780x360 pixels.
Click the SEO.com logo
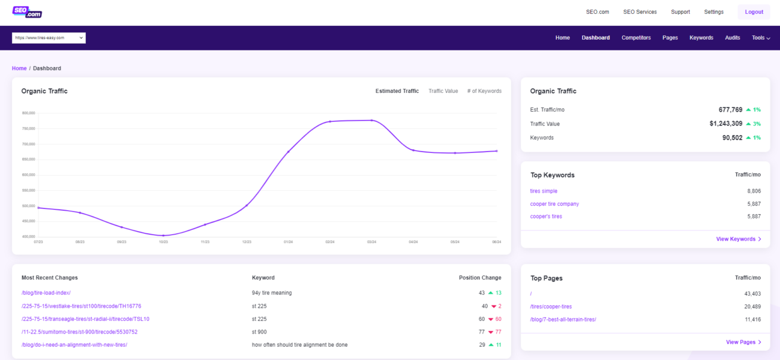[x=27, y=12]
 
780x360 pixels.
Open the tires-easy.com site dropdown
[x=49, y=38]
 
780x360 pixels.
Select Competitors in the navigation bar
[x=636, y=38]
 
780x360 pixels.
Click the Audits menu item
[x=733, y=38]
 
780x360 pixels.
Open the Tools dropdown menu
[x=761, y=38]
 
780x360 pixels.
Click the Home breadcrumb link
[x=19, y=68]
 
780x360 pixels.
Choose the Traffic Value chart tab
[x=443, y=91]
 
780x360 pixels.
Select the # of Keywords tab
[x=484, y=91]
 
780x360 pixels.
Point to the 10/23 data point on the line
[x=163, y=235]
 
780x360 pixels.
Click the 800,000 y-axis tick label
[x=29, y=113]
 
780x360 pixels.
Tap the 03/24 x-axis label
[x=371, y=242]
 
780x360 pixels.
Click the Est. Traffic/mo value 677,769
[x=730, y=110]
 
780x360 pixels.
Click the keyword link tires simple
[x=544, y=191]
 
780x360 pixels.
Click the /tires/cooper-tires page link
[x=551, y=307]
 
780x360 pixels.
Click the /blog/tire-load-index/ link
[x=46, y=293]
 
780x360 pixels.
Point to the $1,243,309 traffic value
[x=725, y=124]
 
